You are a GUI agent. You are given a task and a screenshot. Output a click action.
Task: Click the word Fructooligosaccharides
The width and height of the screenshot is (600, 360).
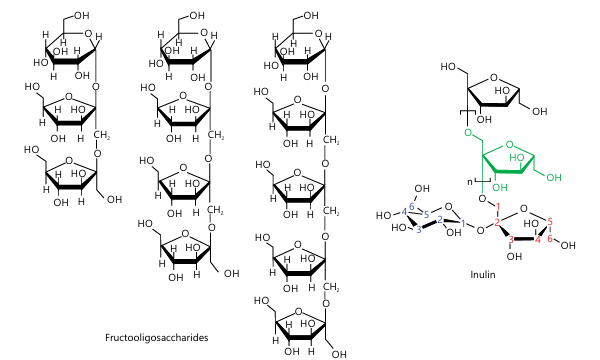point(157,337)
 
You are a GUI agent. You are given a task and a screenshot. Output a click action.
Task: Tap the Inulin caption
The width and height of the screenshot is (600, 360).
point(483,274)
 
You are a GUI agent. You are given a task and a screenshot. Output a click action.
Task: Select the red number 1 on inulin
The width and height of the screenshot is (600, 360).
point(498,207)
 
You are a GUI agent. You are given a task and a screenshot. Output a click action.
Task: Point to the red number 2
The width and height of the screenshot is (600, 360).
point(497,223)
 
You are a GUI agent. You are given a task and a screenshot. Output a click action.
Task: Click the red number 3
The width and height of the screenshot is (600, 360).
point(510,240)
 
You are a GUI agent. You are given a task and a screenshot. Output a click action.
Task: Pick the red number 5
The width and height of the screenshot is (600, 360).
point(550,221)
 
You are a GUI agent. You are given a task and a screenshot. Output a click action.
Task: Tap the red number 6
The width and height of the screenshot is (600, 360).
point(550,238)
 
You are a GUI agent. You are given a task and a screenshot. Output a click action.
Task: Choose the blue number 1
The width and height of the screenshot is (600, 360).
point(463,223)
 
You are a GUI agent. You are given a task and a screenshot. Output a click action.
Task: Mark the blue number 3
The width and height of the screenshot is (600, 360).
point(419,229)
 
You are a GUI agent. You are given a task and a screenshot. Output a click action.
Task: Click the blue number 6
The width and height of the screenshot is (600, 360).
point(412,207)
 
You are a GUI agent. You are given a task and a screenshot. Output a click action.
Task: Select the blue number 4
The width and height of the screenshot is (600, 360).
point(404,212)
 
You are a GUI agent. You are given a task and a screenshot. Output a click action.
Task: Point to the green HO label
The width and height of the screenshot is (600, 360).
point(517,158)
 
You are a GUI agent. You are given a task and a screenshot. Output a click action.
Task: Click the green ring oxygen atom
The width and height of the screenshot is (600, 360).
point(509,145)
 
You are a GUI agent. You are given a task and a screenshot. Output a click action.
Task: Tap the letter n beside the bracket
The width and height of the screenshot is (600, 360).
point(470,182)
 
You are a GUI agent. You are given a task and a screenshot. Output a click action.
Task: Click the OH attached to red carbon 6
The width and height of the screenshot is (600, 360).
point(568,245)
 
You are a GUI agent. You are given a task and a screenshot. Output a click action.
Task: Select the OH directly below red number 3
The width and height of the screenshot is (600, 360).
point(514,256)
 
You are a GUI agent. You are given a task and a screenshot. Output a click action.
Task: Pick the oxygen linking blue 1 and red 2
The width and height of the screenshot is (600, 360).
point(481,230)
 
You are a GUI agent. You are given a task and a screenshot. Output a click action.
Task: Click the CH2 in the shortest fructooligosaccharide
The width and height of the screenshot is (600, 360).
point(102,135)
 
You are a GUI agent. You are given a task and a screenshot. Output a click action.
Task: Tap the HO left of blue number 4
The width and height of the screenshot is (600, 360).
point(383,215)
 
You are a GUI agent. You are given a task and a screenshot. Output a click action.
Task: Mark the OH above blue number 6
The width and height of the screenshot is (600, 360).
point(422,188)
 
